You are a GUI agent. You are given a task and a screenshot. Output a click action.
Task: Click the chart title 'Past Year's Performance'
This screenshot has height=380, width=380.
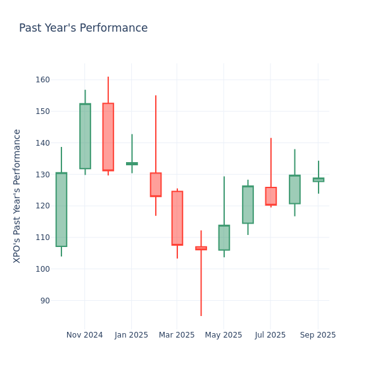83,28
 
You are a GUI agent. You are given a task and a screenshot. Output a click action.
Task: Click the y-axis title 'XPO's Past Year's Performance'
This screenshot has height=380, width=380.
17,196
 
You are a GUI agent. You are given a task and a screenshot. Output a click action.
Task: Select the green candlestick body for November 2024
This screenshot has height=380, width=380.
85,136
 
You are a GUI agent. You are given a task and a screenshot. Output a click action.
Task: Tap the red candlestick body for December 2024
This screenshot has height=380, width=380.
108,137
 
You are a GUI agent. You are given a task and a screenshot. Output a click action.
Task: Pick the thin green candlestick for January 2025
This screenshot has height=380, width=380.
132,163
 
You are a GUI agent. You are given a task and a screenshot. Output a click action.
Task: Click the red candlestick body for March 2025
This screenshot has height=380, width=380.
177,218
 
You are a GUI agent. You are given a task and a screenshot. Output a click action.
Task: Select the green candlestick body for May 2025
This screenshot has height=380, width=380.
224,237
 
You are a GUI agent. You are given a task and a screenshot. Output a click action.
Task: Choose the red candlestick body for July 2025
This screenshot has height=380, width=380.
271,196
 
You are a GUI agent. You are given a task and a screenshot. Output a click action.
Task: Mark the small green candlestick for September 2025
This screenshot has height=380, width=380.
318,180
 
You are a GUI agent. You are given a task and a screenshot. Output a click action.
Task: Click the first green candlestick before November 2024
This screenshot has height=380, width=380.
61,210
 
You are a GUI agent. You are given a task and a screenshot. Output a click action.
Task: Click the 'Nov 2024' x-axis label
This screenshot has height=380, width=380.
84,335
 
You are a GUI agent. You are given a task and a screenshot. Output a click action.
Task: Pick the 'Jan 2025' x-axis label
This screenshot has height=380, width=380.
132,335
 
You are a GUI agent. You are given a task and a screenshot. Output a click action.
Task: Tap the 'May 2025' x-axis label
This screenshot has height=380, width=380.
224,335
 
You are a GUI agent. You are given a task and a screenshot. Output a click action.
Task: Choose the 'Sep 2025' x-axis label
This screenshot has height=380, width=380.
318,335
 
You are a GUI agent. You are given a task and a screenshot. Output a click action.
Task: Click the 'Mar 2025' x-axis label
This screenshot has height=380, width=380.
177,335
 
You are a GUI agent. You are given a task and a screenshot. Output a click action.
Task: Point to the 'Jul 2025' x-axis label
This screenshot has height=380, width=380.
270,335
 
